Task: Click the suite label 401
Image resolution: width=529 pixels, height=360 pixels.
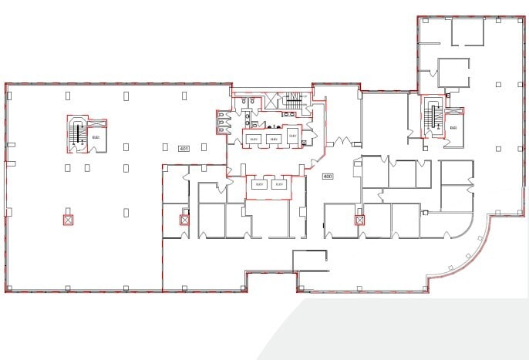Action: (x=184, y=147)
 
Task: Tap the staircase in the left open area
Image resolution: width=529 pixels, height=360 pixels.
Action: (x=76, y=135)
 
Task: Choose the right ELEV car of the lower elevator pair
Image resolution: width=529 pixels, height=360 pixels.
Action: (x=279, y=185)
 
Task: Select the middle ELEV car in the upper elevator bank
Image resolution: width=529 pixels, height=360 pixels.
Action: (x=273, y=137)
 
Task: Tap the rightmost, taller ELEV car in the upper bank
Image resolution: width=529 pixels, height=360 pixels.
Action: (x=292, y=135)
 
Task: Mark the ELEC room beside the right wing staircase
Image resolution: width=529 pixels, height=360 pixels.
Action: (x=453, y=127)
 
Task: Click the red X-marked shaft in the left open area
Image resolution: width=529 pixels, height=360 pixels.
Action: (x=68, y=220)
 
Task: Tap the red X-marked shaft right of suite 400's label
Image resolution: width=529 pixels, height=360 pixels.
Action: (x=359, y=220)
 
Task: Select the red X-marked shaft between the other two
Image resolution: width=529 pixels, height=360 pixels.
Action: (x=184, y=220)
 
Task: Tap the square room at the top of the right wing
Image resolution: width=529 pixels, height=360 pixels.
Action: (x=467, y=30)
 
